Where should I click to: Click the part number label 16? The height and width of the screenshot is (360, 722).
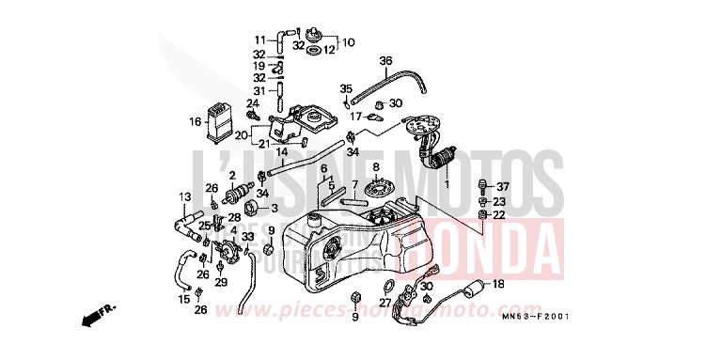(x=195, y=121)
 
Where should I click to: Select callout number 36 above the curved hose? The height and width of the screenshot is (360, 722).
(x=385, y=61)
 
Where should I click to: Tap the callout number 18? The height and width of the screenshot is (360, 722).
(x=497, y=282)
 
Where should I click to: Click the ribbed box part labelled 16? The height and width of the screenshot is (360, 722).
(x=220, y=118)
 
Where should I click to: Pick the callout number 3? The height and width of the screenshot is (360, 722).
(x=275, y=207)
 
